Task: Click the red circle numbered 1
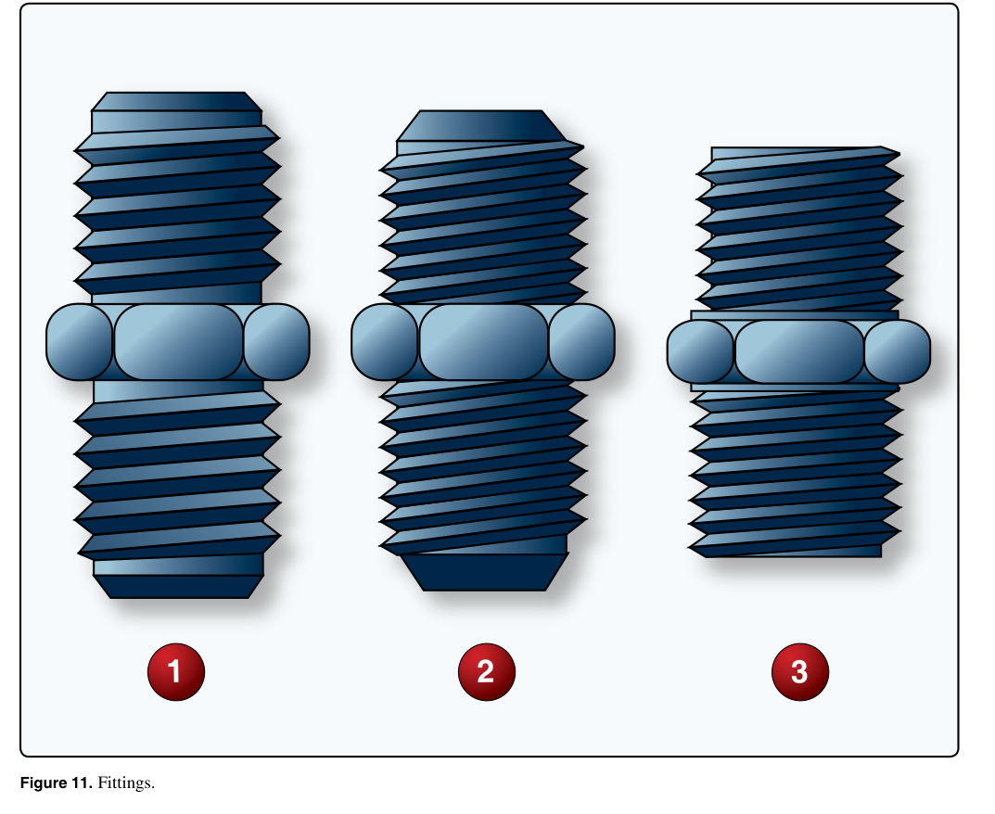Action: [x=176, y=672]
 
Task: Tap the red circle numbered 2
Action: [x=486, y=672]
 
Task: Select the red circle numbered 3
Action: [x=799, y=672]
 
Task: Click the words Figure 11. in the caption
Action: [x=56, y=782]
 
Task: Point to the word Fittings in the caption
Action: [x=125, y=782]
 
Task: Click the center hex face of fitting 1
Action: [x=178, y=342]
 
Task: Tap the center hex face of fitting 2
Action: [x=483, y=342]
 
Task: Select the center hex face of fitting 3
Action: [x=799, y=351]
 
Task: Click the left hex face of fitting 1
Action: [x=80, y=342]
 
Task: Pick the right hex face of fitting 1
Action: [x=276, y=342]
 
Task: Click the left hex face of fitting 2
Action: [x=385, y=342]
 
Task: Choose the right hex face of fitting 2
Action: [x=582, y=342]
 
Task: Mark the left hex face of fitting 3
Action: [x=700, y=351]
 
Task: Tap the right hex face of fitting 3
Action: [x=898, y=351]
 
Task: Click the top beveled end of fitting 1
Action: [x=176, y=101]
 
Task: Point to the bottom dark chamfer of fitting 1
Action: [x=178, y=587]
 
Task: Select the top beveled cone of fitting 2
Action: [x=481, y=125]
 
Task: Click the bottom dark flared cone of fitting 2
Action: [x=485, y=572]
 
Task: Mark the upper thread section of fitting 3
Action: [x=799, y=229]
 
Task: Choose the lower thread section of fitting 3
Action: [x=795, y=474]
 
